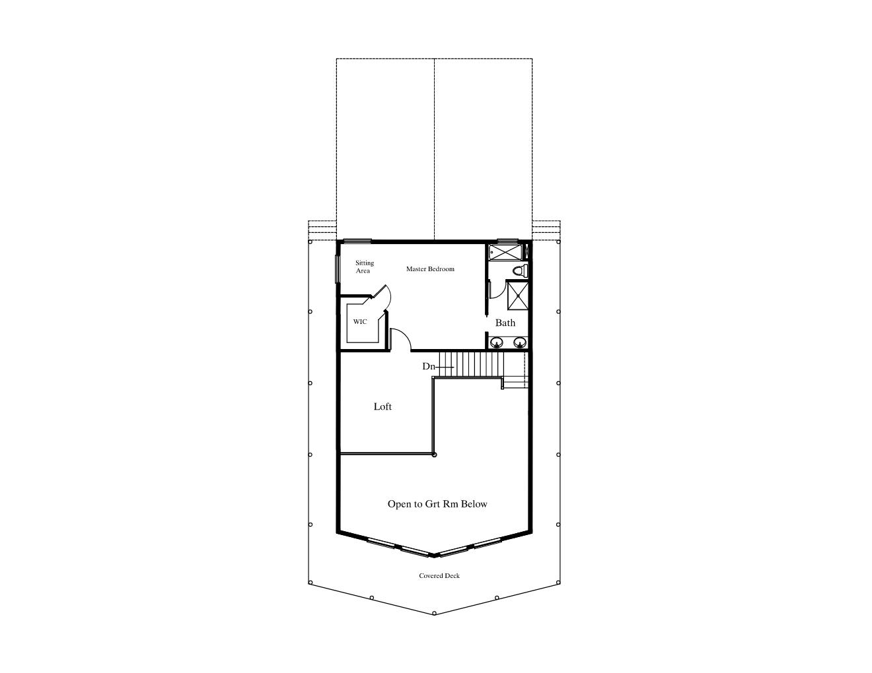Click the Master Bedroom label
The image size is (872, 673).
[x=430, y=269]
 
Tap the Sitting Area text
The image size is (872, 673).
[x=365, y=267]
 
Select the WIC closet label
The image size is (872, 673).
[x=359, y=321]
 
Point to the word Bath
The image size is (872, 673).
[x=505, y=323]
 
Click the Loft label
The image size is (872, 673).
[x=382, y=406]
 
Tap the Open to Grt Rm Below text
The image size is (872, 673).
[x=437, y=504]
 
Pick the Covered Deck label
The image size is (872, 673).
[x=439, y=575]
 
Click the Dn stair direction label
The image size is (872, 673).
[x=429, y=366]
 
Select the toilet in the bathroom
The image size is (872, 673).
[x=521, y=271]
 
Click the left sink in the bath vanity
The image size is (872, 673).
[x=497, y=342]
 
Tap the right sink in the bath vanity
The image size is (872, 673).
[x=520, y=342]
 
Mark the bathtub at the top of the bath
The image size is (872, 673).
[x=505, y=253]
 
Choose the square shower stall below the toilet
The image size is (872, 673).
[x=518, y=296]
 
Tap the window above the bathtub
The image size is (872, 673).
[x=507, y=241]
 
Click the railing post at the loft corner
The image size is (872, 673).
[x=434, y=455]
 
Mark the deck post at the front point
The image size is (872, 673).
[x=434, y=613]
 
